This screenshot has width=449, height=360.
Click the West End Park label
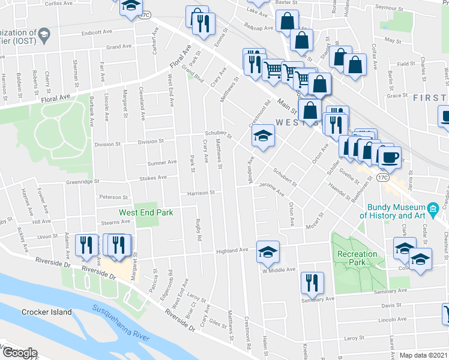(x=146, y=212)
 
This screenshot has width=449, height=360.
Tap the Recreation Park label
(x=357, y=259)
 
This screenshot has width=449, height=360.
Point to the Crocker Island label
(x=46, y=312)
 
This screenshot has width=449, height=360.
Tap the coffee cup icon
(x=390, y=157)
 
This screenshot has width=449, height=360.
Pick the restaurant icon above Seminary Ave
(x=312, y=283)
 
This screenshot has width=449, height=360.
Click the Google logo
(x=19, y=353)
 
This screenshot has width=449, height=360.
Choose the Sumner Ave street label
(x=162, y=162)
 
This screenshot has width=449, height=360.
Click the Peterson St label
(x=114, y=197)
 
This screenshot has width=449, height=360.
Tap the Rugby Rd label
(x=198, y=229)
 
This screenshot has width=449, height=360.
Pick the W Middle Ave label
(x=279, y=270)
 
